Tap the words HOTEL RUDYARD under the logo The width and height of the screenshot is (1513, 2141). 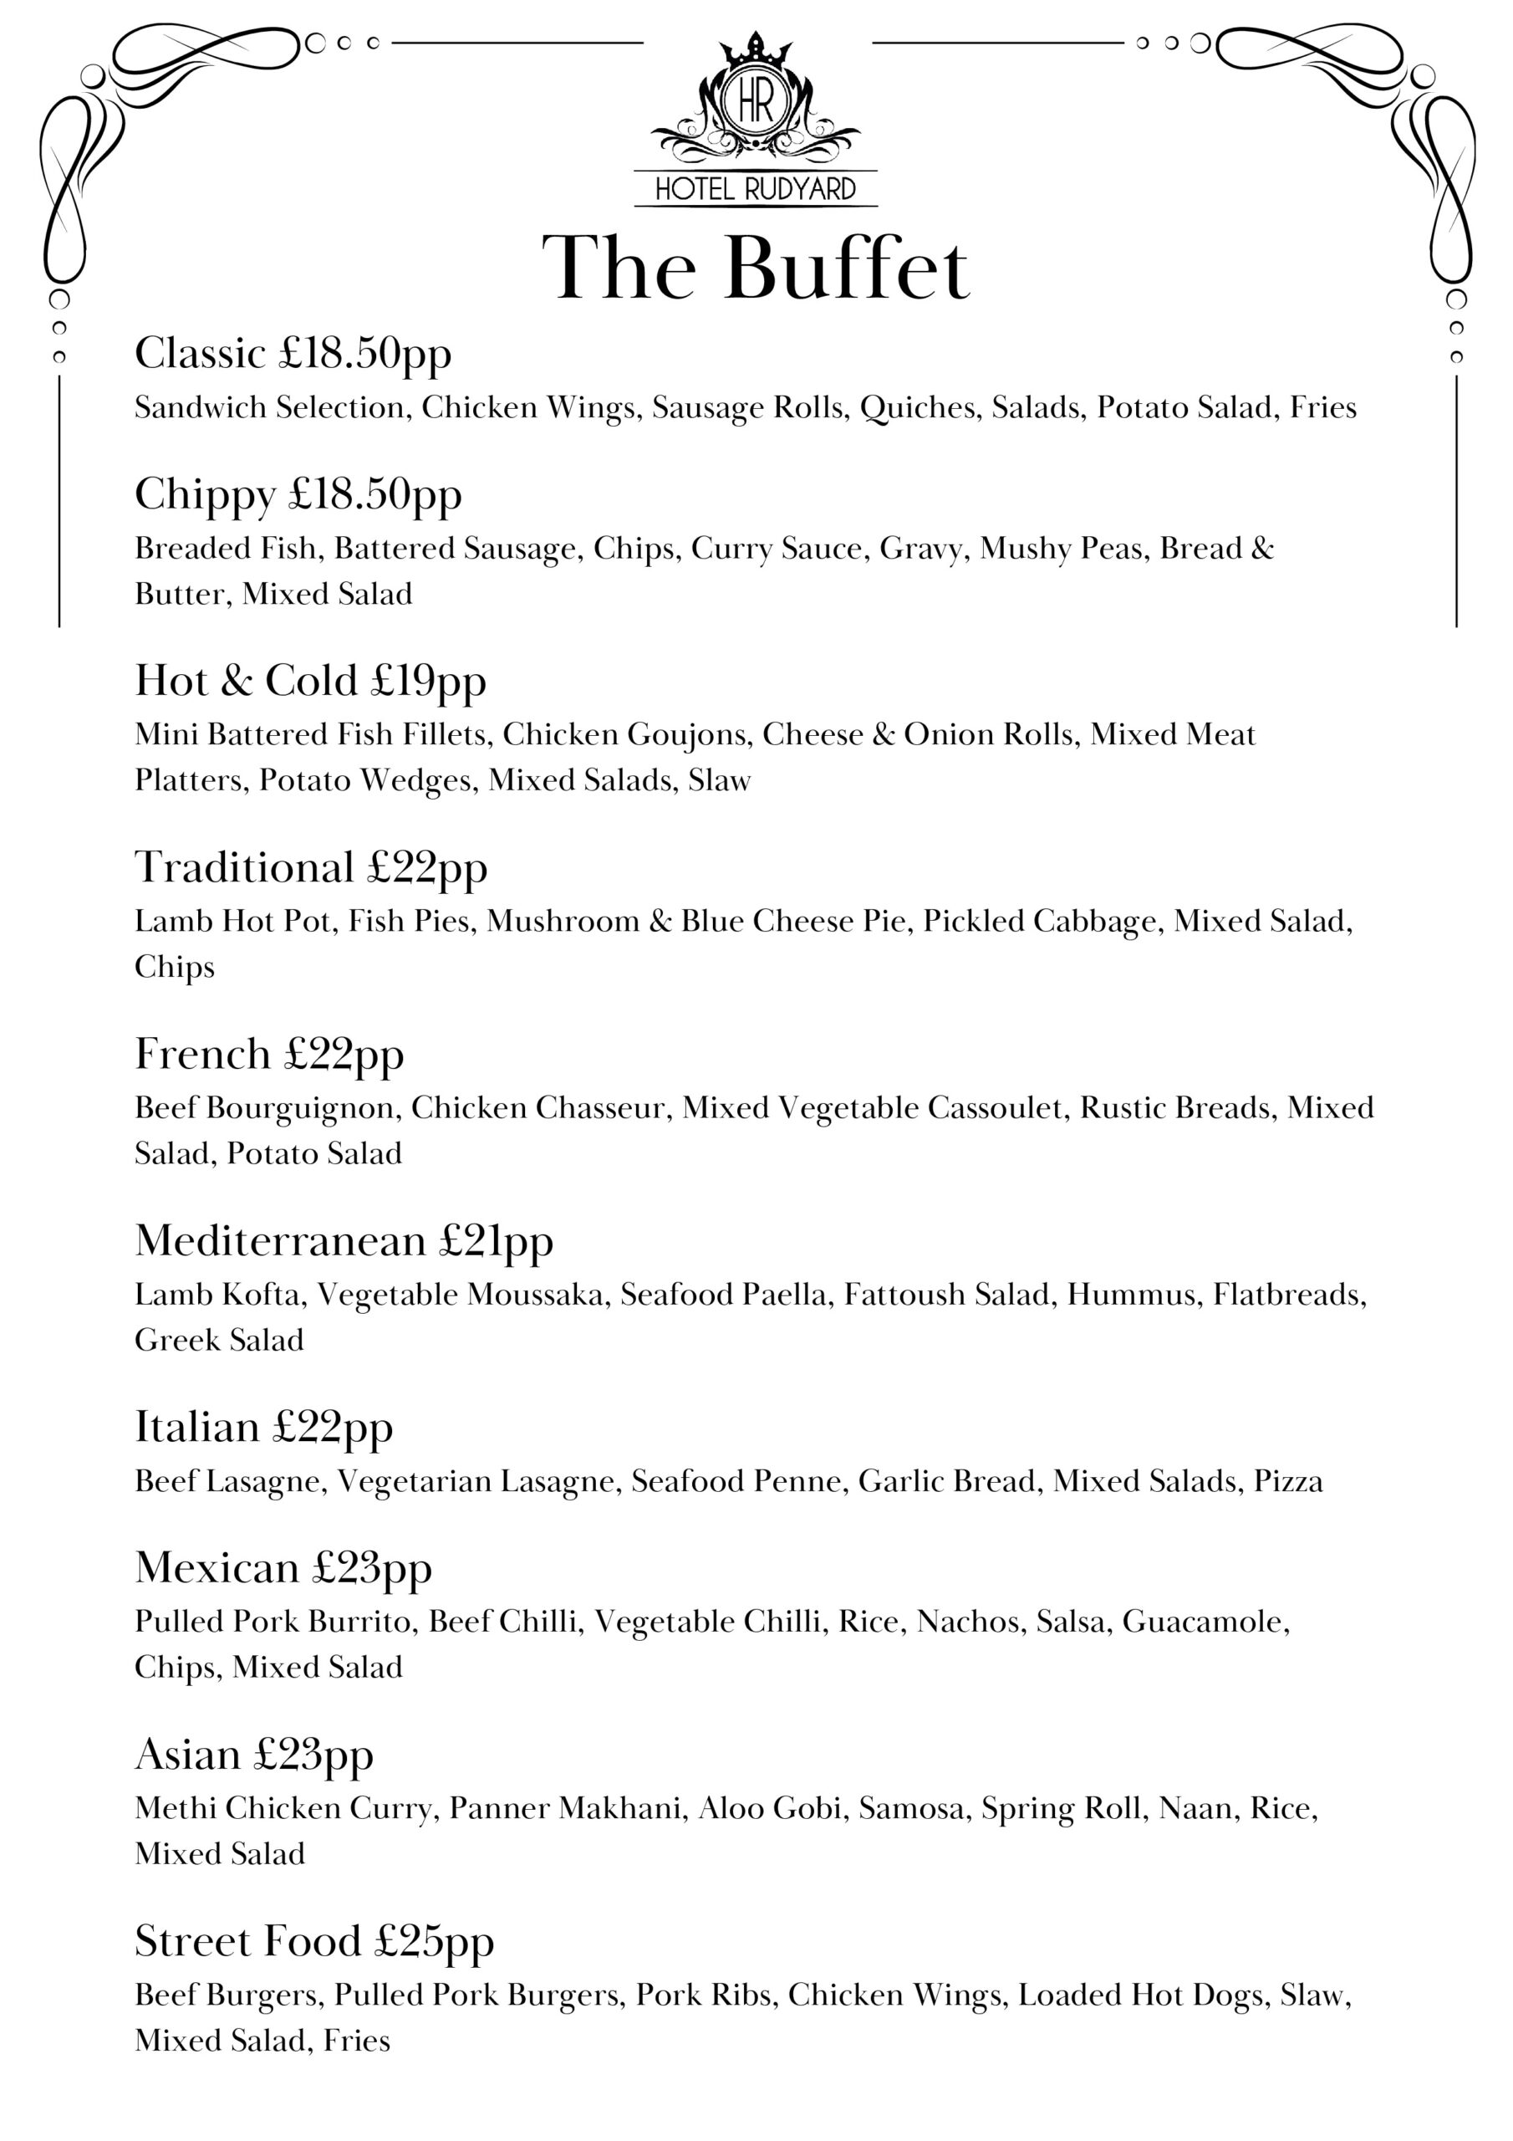tap(755, 189)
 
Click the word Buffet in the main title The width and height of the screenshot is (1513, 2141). tap(847, 269)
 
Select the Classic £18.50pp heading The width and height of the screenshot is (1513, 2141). tap(293, 354)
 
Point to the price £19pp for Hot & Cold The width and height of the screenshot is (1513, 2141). tap(428, 681)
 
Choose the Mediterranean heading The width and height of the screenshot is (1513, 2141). tap(280, 1241)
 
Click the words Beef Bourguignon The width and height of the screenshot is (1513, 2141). tap(267, 1108)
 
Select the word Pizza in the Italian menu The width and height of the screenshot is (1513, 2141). tap(1287, 1482)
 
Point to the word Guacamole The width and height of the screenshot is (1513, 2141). tap(1205, 1622)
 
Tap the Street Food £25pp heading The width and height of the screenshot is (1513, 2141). tap(314, 1941)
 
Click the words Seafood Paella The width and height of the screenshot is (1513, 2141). tap(723, 1295)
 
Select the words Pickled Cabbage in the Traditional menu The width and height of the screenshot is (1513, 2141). tap(1043, 922)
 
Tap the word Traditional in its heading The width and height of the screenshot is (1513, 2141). tap(244, 867)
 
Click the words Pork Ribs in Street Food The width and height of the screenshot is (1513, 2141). tap(704, 1995)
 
